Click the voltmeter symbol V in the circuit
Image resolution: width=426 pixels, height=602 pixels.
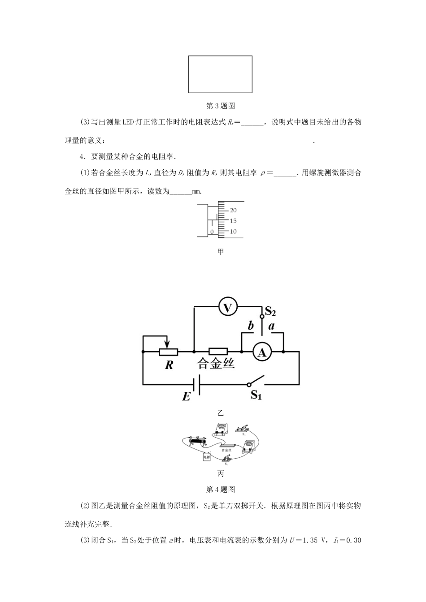point(228,307)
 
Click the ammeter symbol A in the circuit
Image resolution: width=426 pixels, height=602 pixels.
point(262,353)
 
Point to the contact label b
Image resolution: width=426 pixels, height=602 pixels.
point(251,326)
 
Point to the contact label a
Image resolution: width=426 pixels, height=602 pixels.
point(271,326)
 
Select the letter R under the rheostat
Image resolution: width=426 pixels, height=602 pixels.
point(169,365)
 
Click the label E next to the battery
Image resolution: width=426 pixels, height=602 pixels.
point(186,396)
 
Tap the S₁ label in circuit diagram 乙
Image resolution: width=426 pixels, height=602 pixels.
point(256,395)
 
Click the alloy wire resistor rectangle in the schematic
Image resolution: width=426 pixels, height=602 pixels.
point(218,352)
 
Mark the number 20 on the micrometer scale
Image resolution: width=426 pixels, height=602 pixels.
point(233,210)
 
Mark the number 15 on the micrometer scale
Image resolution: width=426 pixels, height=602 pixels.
point(233,221)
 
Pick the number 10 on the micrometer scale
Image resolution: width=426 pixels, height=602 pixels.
point(233,232)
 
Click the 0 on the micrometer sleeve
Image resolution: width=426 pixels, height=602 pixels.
point(212,232)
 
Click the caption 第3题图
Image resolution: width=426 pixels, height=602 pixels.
point(220,106)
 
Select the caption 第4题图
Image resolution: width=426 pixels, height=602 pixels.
point(220,489)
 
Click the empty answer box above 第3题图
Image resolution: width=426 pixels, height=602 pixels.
point(220,74)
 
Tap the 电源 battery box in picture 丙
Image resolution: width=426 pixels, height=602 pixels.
point(207,458)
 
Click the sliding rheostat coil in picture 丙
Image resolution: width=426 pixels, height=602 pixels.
point(198,441)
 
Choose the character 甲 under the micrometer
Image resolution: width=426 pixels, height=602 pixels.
point(220,252)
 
